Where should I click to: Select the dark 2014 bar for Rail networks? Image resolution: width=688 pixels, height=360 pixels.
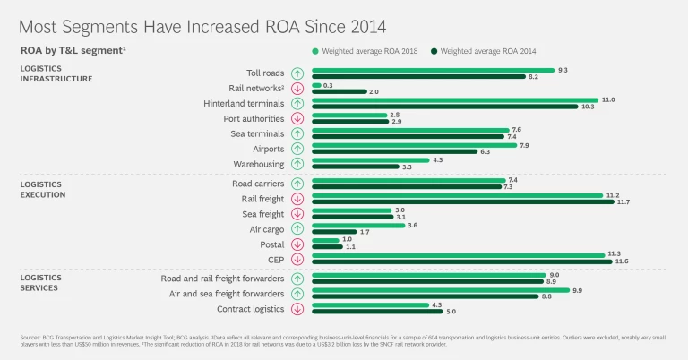(340, 91)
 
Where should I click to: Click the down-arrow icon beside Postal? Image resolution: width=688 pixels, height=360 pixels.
(297, 244)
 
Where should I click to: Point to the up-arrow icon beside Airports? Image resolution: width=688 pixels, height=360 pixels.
(297, 149)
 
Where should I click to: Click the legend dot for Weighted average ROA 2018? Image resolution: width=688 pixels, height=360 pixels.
(315, 51)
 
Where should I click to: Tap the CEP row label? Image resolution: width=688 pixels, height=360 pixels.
(275, 260)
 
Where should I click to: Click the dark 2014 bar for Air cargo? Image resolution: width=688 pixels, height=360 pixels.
(334, 232)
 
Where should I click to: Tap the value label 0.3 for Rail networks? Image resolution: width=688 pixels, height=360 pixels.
(329, 85)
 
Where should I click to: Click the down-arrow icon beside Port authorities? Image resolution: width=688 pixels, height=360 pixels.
(297, 118)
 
